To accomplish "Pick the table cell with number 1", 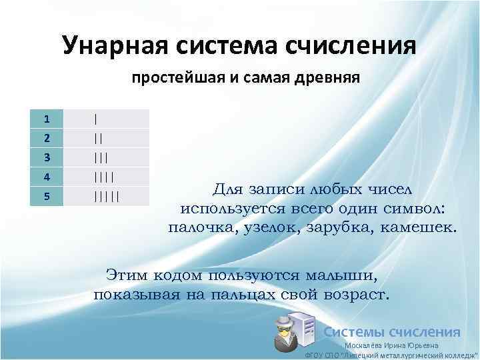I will click(47, 119).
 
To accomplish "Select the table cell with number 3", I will click(47, 158).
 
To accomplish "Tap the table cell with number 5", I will click(47, 197).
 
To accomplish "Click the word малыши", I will click(337, 275).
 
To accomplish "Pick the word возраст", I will click(358, 293).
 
